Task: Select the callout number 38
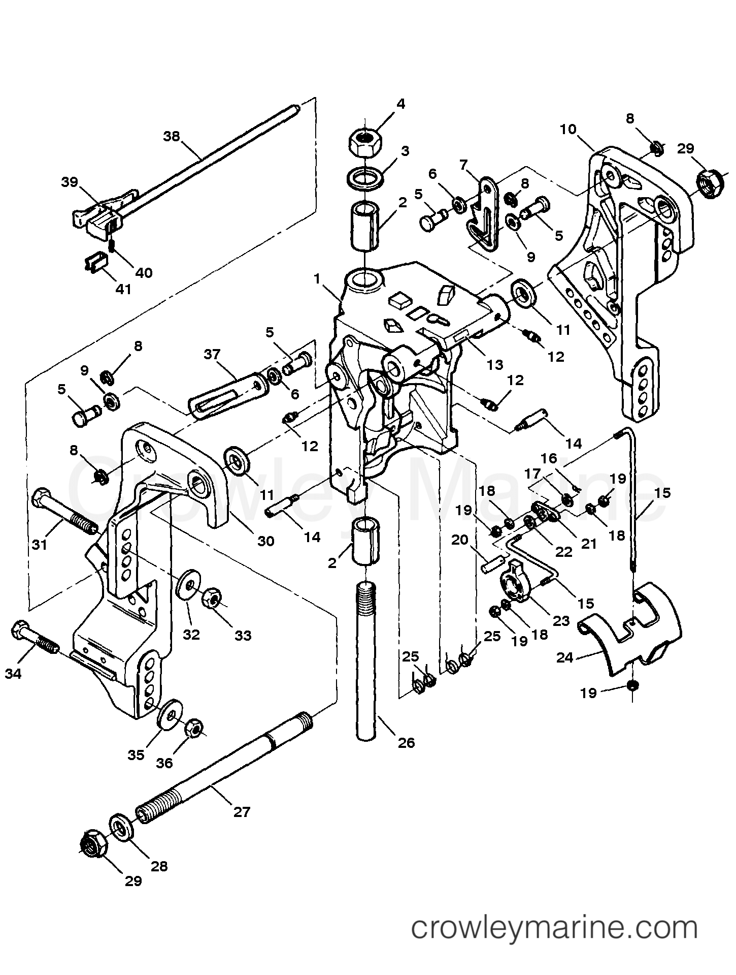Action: coord(172,136)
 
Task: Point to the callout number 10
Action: coord(568,129)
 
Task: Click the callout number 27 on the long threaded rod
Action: coord(242,812)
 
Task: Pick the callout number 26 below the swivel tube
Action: coord(406,743)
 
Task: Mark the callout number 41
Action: coord(123,289)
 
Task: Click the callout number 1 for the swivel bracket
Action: coord(317,278)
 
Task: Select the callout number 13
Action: coord(494,364)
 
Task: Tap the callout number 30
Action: coord(265,541)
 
